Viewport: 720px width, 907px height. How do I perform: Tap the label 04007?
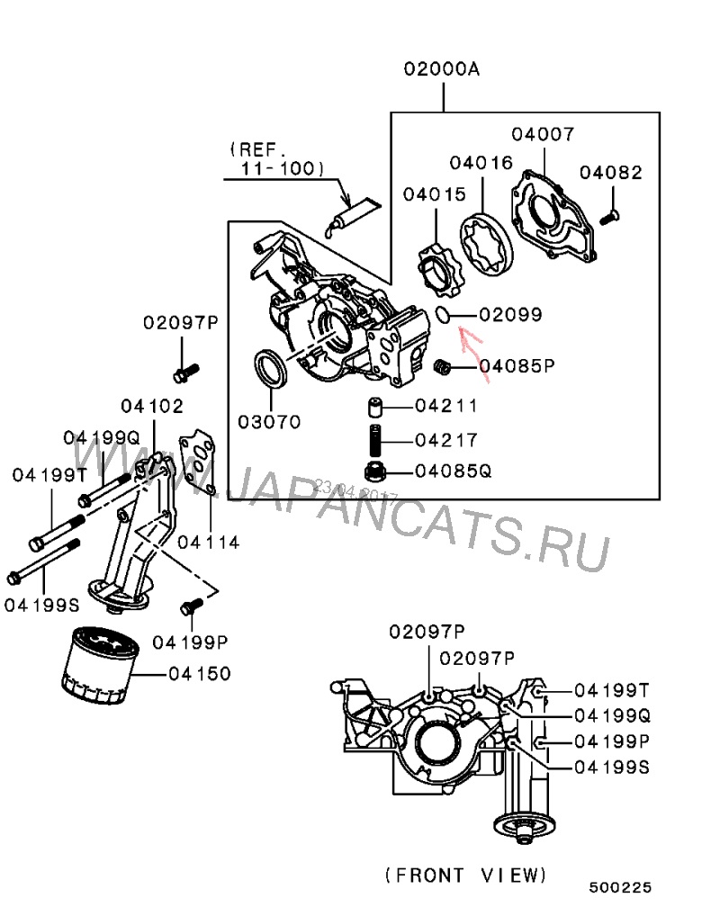(543, 135)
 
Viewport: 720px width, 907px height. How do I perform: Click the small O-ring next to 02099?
(442, 313)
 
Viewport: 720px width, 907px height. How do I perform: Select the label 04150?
(200, 673)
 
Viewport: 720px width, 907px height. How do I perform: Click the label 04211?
(446, 407)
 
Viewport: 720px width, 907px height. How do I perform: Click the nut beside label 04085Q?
(377, 470)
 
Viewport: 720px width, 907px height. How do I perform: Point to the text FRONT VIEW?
(465, 874)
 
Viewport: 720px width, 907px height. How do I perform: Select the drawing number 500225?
(620, 887)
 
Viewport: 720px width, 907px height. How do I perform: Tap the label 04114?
(209, 542)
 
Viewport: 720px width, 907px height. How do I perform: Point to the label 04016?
(481, 164)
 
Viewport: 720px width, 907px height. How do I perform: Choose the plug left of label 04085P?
(441, 366)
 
